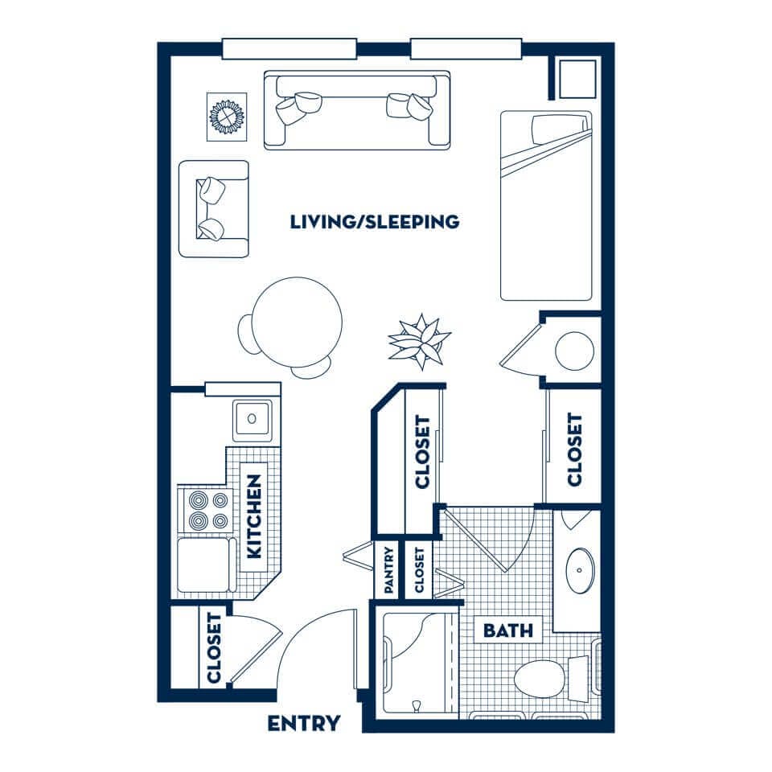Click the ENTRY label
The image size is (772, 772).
(x=304, y=723)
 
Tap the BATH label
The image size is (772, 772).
(x=507, y=630)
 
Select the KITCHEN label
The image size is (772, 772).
(x=253, y=516)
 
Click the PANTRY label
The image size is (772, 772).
(x=388, y=569)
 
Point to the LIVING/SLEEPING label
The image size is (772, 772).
(x=375, y=222)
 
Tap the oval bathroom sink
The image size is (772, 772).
(x=580, y=570)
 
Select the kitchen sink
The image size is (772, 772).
(x=252, y=420)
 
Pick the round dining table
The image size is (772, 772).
(x=297, y=322)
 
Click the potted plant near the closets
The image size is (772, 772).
(x=420, y=342)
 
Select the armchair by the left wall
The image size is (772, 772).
(x=214, y=209)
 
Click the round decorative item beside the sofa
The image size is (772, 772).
(x=227, y=117)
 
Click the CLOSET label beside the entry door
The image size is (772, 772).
(x=214, y=648)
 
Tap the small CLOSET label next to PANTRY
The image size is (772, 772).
(x=419, y=570)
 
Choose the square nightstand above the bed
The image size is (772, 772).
(x=578, y=79)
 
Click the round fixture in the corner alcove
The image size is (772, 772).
(x=574, y=351)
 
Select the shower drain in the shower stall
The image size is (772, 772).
(x=417, y=706)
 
